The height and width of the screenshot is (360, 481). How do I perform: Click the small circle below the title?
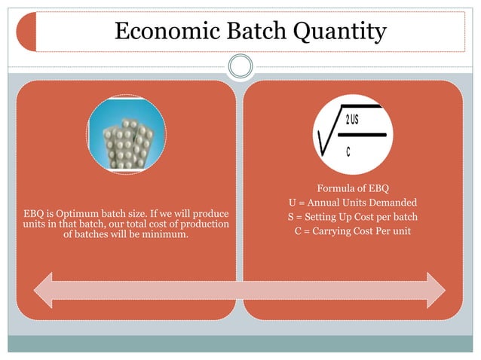coord(240,66)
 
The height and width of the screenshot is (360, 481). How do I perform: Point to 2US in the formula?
coord(351,121)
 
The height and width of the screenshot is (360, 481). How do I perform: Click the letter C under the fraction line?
coord(348,151)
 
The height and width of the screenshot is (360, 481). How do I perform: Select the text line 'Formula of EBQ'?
coord(352,188)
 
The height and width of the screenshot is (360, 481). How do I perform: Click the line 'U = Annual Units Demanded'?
coord(352,203)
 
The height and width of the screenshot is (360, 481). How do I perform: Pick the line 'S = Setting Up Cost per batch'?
coord(352,217)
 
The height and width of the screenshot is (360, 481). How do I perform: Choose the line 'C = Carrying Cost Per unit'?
coord(352,230)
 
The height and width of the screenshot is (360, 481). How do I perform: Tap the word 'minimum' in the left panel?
coord(166,236)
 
